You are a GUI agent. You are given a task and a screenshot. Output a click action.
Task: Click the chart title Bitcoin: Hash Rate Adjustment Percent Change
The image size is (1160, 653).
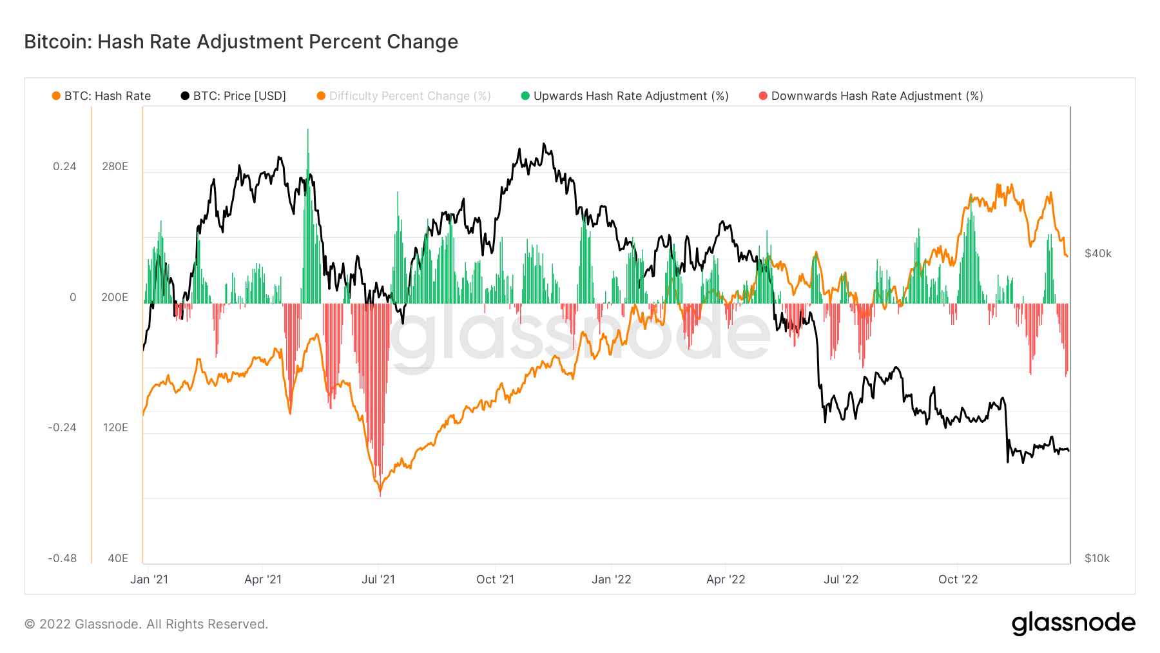tap(241, 42)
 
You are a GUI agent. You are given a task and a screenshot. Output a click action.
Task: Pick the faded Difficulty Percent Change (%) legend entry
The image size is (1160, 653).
tap(404, 96)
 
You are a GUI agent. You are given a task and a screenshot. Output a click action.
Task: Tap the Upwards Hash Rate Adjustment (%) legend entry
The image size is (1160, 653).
tap(624, 96)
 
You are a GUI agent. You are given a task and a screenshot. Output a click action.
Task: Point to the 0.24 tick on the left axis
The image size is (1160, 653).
tap(64, 166)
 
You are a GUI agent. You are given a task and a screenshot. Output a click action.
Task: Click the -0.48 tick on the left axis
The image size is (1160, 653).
tap(62, 558)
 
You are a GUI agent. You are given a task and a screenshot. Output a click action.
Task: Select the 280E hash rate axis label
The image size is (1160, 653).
tap(115, 166)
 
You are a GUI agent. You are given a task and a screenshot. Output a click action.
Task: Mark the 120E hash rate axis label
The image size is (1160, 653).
tap(115, 427)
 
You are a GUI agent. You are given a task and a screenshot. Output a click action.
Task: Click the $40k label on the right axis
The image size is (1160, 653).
tap(1097, 253)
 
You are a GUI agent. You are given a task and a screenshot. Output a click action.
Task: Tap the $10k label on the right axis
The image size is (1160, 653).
tap(1097, 558)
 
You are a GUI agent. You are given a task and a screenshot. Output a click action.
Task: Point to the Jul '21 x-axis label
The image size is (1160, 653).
tap(378, 580)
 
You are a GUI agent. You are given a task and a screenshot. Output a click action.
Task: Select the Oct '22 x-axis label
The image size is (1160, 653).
tap(958, 580)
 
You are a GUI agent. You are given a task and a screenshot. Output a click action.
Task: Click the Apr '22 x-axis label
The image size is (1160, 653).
tap(726, 580)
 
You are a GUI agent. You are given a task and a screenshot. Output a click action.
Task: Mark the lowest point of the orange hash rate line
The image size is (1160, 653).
tap(380, 494)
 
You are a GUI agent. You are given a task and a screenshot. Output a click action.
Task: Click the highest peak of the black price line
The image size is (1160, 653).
tap(543, 144)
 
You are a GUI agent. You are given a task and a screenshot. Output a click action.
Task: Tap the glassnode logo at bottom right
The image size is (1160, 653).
tap(1073, 623)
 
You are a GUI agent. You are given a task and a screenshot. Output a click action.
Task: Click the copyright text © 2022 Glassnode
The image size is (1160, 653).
tap(146, 624)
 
